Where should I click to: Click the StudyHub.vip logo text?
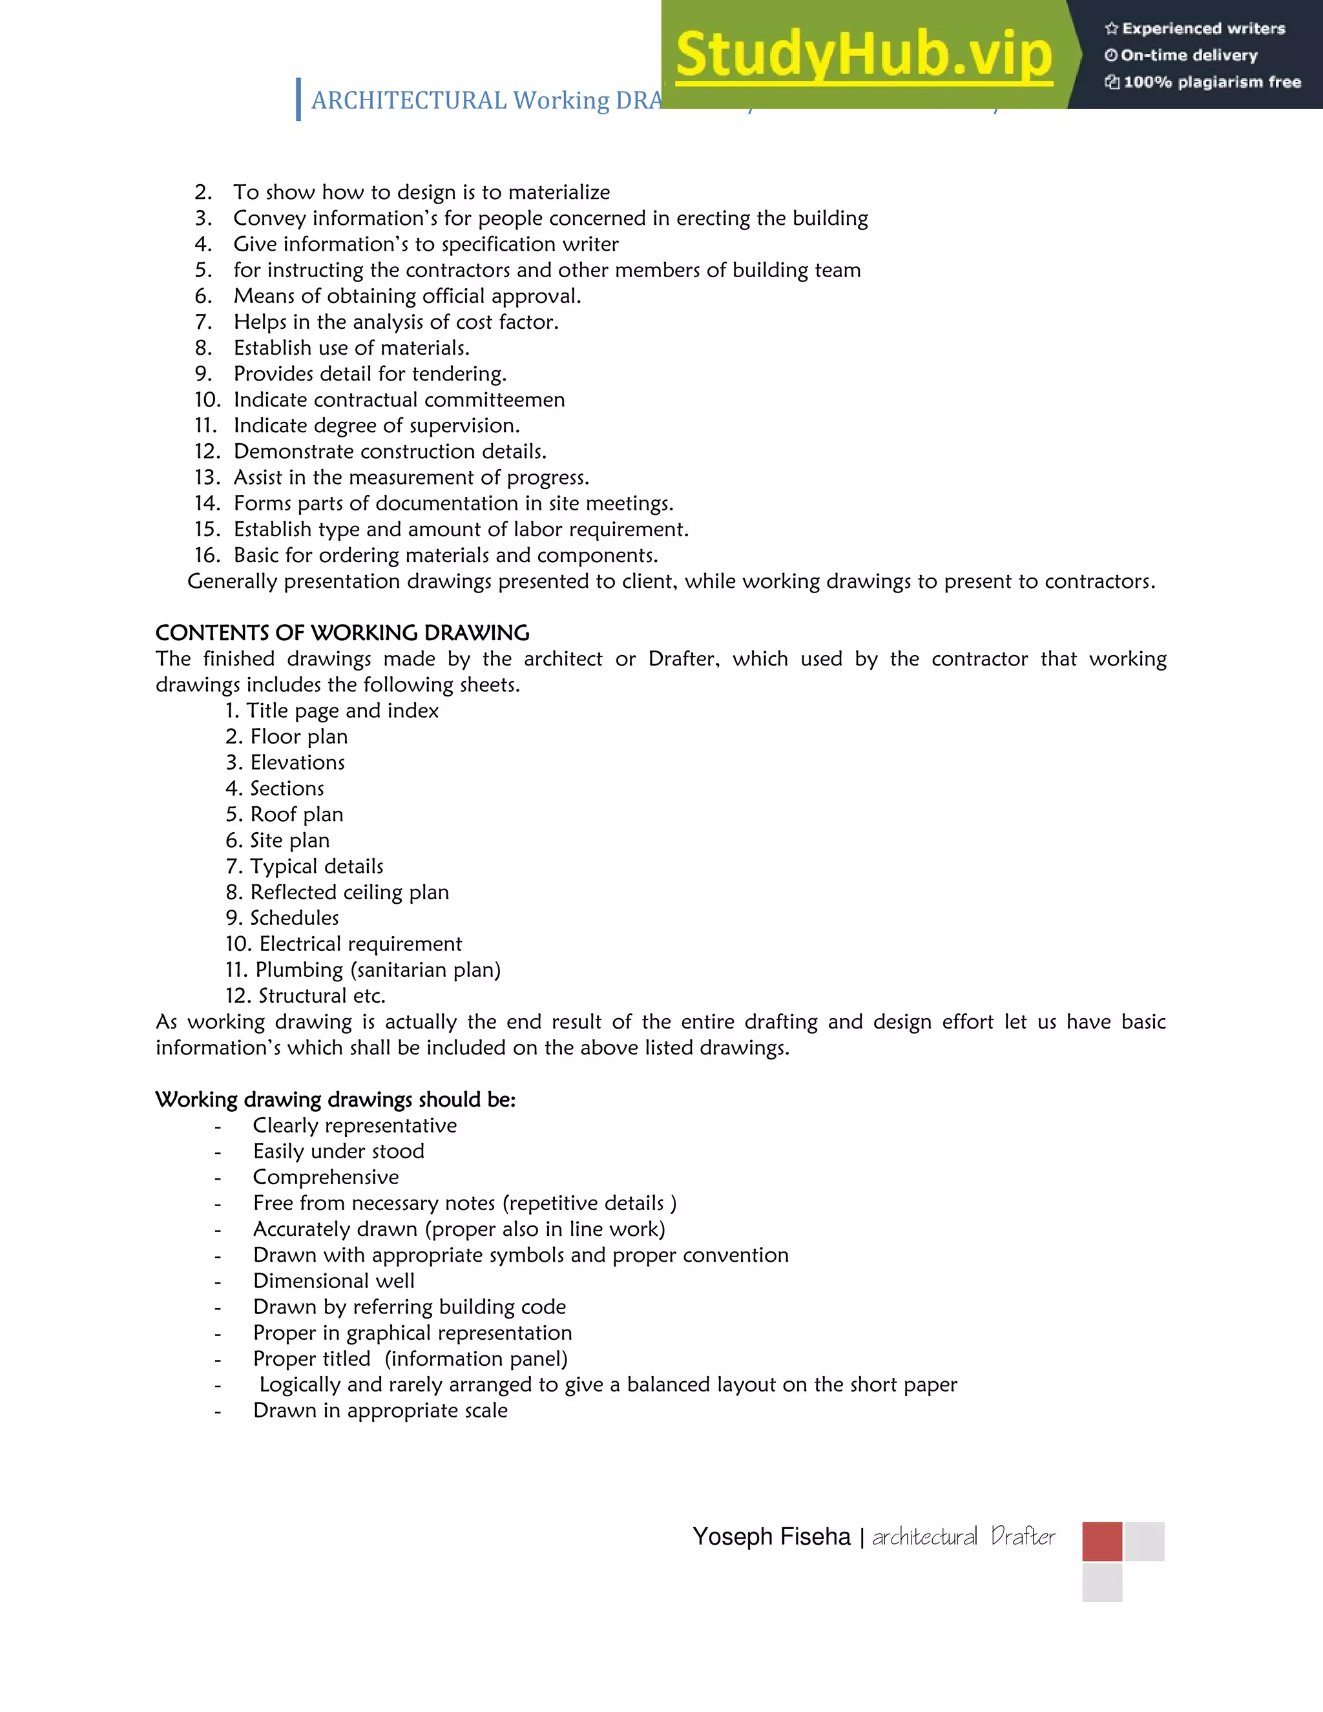[x=863, y=55]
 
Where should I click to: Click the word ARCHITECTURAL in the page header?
[x=408, y=100]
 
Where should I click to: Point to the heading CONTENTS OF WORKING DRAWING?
[x=342, y=632]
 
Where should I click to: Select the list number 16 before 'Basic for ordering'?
[x=207, y=555]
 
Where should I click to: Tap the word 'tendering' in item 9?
[x=458, y=374]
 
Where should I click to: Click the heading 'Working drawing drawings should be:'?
[x=335, y=1100]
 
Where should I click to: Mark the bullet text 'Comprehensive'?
[x=326, y=1177]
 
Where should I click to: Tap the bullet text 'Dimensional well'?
[x=333, y=1281]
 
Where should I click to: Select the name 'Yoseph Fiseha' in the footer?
[x=771, y=1536]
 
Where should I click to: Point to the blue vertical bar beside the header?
[x=298, y=99]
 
